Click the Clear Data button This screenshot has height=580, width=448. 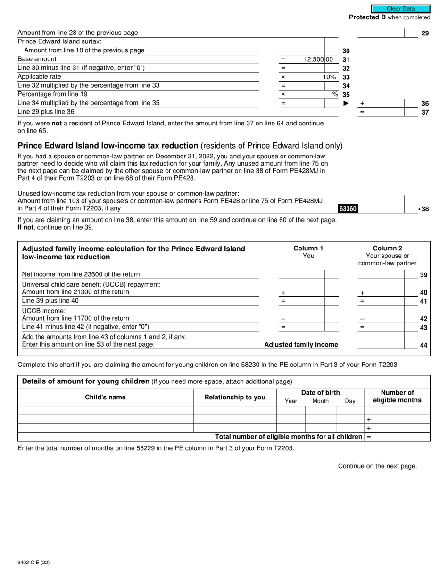400,8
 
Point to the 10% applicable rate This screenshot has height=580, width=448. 329,77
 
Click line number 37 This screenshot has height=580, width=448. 425,112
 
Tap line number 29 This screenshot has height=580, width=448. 425,33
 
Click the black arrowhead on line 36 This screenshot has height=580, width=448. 346,103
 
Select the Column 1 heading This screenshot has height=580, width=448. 308,249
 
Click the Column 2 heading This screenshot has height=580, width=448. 387,249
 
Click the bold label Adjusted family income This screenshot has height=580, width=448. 301,345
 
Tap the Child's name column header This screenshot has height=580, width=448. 105,397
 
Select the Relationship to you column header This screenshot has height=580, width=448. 235,397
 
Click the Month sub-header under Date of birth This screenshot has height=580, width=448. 320,401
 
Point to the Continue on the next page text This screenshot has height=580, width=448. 377,466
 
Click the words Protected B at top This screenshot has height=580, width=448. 367,17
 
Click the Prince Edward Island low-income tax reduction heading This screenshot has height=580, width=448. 108,145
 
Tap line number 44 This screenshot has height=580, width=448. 423,345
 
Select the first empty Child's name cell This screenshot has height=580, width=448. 105,411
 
